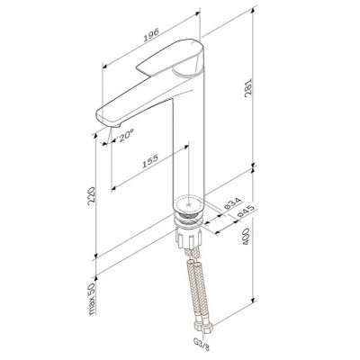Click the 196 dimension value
(x=151, y=35)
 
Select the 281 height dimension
(x=249, y=89)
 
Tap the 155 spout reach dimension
(x=150, y=161)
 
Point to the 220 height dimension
(x=91, y=196)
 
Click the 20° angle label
(x=126, y=136)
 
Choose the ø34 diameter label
(x=233, y=203)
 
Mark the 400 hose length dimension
(x=246, y=237)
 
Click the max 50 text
(x=92, y=299)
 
